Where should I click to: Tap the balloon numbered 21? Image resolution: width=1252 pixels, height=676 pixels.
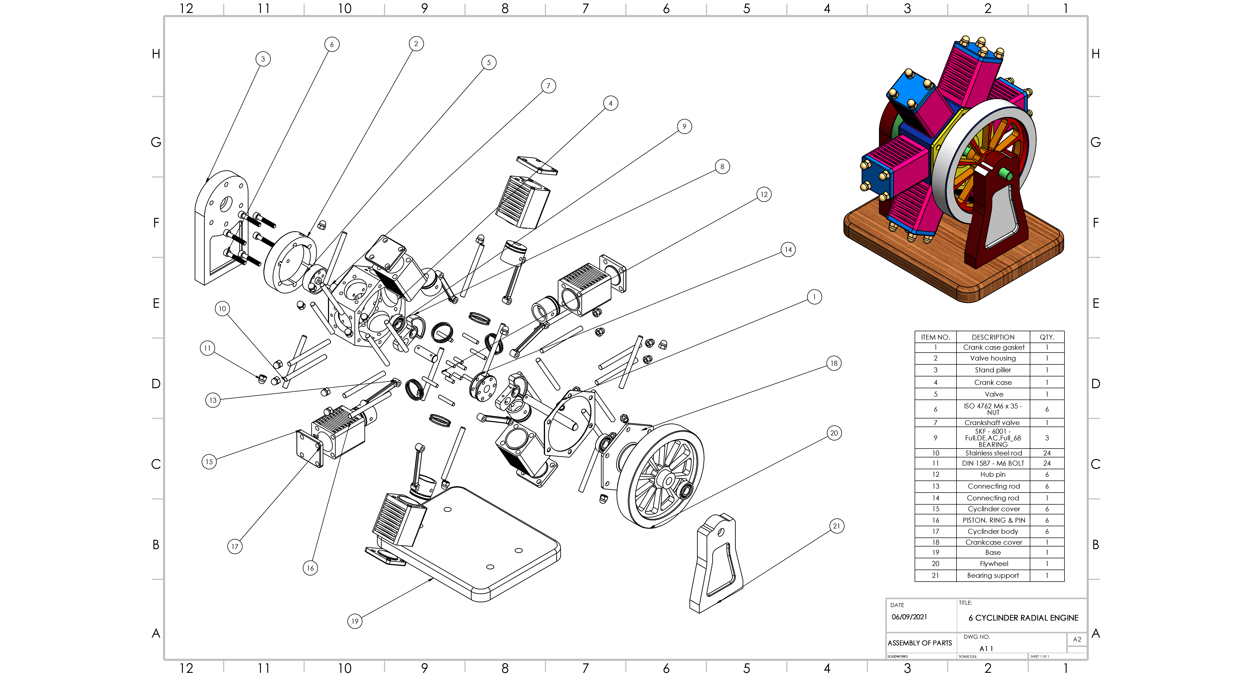click(836, 526)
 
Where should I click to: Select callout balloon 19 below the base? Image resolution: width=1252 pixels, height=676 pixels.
click(355, 621)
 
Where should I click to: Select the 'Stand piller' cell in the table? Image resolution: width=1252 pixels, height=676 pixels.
click(993, 370)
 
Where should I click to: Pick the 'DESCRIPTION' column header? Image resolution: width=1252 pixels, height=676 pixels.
click(993, 337)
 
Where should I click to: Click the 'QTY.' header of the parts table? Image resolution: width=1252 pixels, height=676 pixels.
click(1047, 337)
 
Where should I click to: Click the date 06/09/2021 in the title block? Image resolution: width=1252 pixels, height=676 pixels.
click(909, 617)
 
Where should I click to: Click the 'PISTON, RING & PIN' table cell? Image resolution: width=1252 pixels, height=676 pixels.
click(993, 520)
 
